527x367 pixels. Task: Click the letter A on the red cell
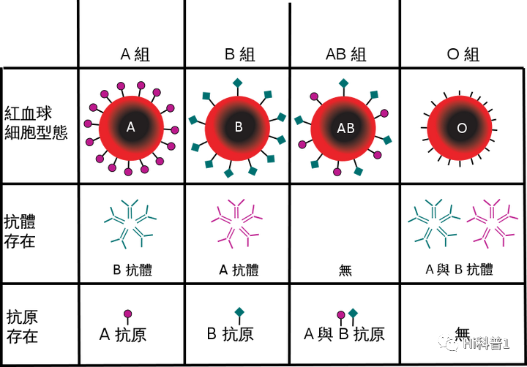pos(130,127)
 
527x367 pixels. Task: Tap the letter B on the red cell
pos(239,127)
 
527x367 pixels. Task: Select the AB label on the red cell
pos(345,129)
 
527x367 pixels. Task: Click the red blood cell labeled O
pos(460,128)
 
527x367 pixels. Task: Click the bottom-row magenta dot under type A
pos(128,314)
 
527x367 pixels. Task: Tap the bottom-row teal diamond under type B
pos(239,311)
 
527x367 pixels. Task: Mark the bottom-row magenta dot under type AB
pos(341,315)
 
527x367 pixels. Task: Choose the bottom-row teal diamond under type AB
pos(353,313)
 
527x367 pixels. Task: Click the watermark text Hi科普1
pos(486,343)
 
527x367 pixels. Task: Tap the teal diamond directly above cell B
pos(237,82)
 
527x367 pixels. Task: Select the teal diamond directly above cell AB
pos(343,83)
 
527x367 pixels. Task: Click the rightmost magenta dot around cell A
pos(175,130)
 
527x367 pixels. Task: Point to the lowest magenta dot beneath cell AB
pos(337,172)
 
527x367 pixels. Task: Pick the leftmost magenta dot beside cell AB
pos(302,144)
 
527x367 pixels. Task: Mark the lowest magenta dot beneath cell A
pos(129,173)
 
